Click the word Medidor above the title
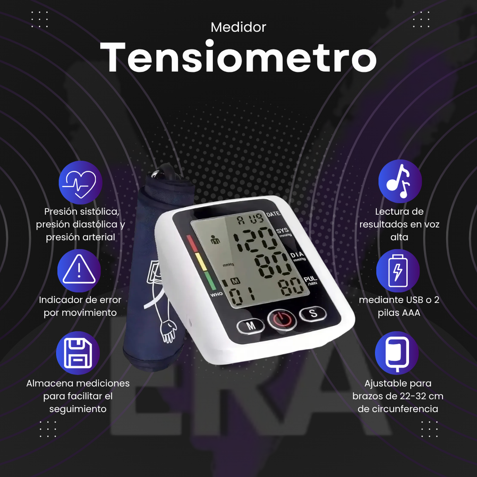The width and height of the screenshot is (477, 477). pos(238,27)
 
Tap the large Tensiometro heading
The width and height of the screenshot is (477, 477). pos(238,57)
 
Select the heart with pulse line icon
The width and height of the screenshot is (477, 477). pos(80,183)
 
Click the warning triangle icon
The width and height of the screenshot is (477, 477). pos(79,271)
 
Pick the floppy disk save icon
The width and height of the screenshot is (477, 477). pos(78,353)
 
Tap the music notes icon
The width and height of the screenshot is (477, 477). pos(400,181)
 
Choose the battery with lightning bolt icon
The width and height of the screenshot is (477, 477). pos(398,271)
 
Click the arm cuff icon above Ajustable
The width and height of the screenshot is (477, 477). pos(397,353)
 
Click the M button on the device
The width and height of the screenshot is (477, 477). pos(251,326)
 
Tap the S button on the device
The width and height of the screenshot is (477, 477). pos(313,313)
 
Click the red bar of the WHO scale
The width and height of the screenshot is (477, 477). pos(192,243)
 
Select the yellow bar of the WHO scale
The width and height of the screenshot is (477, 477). pos(201,262)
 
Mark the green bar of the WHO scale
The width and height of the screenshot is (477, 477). pos(210,280)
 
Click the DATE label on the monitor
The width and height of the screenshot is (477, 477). pos(273,214)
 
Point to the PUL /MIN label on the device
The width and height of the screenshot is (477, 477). pos(311,280)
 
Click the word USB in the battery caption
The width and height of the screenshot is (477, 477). pos(414,300)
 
